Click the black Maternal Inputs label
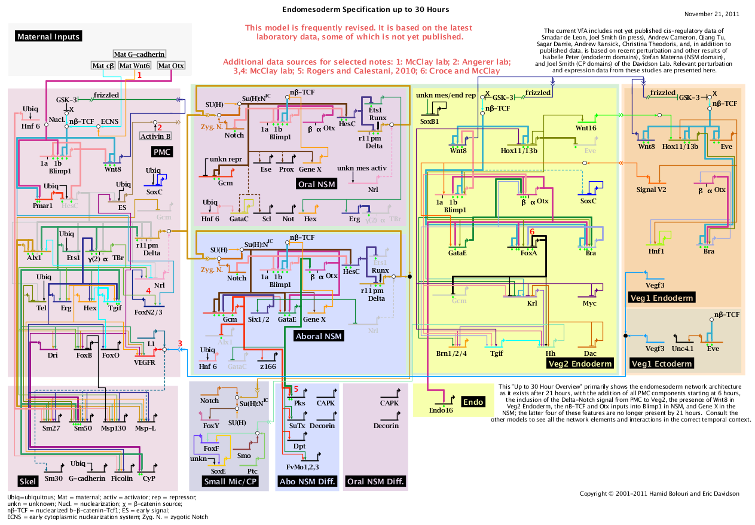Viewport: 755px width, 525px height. point(48,36)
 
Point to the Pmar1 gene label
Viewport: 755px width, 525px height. point(43,206)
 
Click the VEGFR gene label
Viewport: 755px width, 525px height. point(144,362)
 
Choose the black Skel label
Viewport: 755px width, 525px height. point(27,481)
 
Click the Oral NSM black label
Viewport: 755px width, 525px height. point(316,184)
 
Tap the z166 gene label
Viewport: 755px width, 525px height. point(267,366)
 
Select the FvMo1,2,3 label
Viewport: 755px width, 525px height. point(303,466)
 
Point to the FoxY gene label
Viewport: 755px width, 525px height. point(211,426)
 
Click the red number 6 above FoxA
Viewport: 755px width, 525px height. point(532,231)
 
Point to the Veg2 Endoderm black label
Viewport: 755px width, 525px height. point(580,364)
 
